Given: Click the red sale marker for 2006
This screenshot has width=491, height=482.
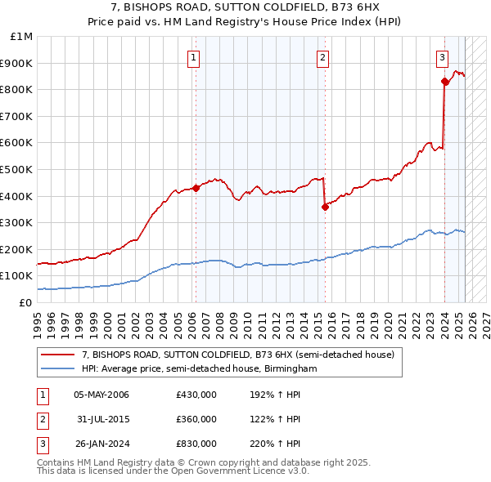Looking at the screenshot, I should (196, 188).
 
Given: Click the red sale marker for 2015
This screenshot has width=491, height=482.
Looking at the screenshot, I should (325, 207).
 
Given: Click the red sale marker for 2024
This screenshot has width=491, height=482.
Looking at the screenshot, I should (444, 81).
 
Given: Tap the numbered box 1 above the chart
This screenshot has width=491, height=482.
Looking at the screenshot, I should (194, 57).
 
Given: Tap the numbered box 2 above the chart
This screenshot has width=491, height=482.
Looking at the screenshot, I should (323, 57).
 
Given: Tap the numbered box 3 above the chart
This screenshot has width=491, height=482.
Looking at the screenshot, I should (442, 57).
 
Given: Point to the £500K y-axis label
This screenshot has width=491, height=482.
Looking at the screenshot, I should (18, 170).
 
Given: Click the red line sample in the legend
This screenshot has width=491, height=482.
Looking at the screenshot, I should (58, 355).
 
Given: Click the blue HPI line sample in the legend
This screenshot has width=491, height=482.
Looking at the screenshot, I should (58, 368).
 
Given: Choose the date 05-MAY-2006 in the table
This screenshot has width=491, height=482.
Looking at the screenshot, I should (101, 395).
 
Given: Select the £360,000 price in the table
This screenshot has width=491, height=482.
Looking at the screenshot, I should (196, 419).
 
